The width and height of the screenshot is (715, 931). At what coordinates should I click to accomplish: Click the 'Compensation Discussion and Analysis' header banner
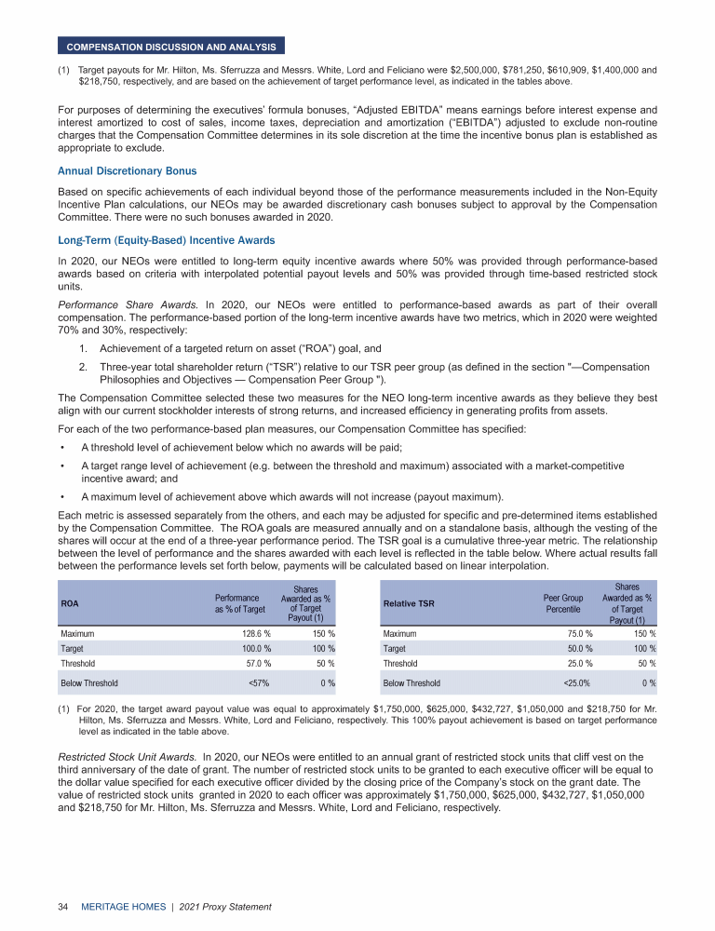point(171,46)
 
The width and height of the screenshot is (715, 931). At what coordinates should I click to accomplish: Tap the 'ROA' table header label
point(70,603)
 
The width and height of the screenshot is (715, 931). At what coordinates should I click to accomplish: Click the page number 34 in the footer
point(63,906)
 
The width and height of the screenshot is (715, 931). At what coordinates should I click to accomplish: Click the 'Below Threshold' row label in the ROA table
point(89,682)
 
